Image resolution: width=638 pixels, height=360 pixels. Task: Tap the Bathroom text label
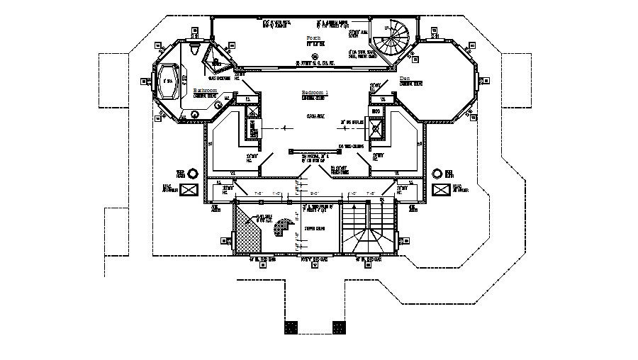click(206, 90)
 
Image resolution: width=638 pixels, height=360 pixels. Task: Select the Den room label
click(405, 78)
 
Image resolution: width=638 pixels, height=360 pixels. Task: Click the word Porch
click(313, 37)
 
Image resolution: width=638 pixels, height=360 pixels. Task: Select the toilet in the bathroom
click(196, 49)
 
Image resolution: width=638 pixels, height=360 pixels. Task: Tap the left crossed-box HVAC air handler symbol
click(189, 189)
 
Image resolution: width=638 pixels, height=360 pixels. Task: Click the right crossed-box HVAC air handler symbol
click(442, 189)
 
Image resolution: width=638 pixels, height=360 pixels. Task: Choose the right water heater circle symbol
click(449, 172)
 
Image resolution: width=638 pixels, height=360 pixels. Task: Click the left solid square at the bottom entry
click(291, 327)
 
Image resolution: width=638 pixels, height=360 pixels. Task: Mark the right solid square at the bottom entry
click(339, 327)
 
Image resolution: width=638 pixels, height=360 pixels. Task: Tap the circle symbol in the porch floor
click(314, 56)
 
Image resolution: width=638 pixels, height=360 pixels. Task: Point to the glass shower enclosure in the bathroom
click(213, 54)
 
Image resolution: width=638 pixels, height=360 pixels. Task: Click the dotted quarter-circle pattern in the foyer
click(284, 229)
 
